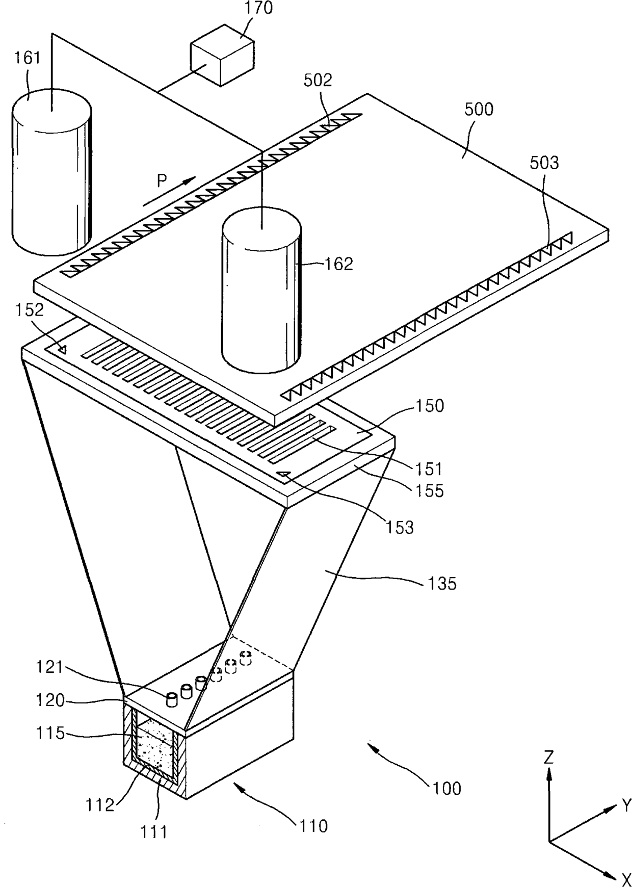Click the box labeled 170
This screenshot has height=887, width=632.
tap(222, 56)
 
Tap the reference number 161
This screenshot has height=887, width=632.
tap(27, 58)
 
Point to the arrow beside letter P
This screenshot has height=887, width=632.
tap(169, 192)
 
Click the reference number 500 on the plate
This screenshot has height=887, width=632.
tap(479, 109)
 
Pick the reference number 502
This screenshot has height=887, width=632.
tap(318, 80)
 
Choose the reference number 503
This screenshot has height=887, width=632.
tap(544, 163)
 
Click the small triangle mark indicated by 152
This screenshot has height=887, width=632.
tap(62, 349)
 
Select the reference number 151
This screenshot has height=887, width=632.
tap(429, 468)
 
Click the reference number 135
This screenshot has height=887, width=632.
tap(442, 583)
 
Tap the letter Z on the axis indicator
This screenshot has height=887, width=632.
tap(548, 757)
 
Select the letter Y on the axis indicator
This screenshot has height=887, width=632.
tap(625, 805)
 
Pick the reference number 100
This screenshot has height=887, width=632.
tap(446, 788)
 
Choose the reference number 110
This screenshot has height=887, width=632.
tap(313, 825)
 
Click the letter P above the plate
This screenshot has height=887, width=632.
tap(162, 181)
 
